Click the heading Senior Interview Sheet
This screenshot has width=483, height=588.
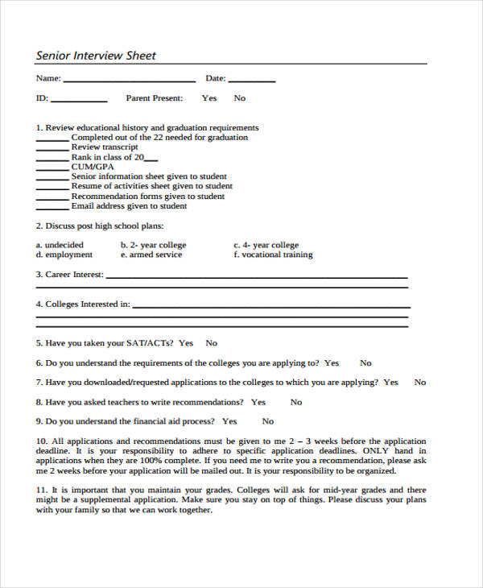96,56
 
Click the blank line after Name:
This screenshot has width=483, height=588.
129,81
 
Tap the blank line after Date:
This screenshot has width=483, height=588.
251,81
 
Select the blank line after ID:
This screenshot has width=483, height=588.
79,101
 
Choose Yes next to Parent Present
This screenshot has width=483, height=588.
209,98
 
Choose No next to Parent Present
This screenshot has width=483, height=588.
240,98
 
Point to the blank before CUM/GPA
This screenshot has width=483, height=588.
52,169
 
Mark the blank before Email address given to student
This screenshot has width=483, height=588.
52,208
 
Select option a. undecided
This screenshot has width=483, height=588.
60,245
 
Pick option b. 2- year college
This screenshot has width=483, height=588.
153,245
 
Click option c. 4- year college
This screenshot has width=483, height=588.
266,245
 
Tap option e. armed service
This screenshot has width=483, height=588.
151,255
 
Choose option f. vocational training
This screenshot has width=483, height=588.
273,255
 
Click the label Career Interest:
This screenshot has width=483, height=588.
69,275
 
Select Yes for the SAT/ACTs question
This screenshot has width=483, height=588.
186,342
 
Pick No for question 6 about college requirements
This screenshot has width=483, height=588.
365,363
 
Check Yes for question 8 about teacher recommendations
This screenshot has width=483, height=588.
258,402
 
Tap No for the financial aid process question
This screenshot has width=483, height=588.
268,421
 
